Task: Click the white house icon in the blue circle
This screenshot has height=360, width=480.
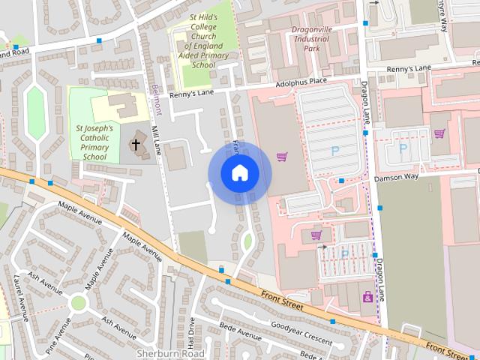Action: pos(239,172)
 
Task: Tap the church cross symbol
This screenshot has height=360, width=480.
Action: pos(136,143)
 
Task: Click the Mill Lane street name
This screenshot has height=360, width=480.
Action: pos(156,140)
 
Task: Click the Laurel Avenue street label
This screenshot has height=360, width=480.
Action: pos(22,297)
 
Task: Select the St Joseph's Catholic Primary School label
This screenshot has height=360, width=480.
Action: pos(95,142)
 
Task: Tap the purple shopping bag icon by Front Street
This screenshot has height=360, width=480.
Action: pos(367,298)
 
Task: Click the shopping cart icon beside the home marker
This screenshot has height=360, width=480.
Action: pos(282,157)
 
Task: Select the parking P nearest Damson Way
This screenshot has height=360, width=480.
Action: pos(402,149)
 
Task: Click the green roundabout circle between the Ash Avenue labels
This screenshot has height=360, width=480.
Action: pos(78,302)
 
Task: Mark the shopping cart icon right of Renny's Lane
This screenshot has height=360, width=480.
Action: pos(439,134)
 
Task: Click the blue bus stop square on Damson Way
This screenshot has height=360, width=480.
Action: pos(341,181)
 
